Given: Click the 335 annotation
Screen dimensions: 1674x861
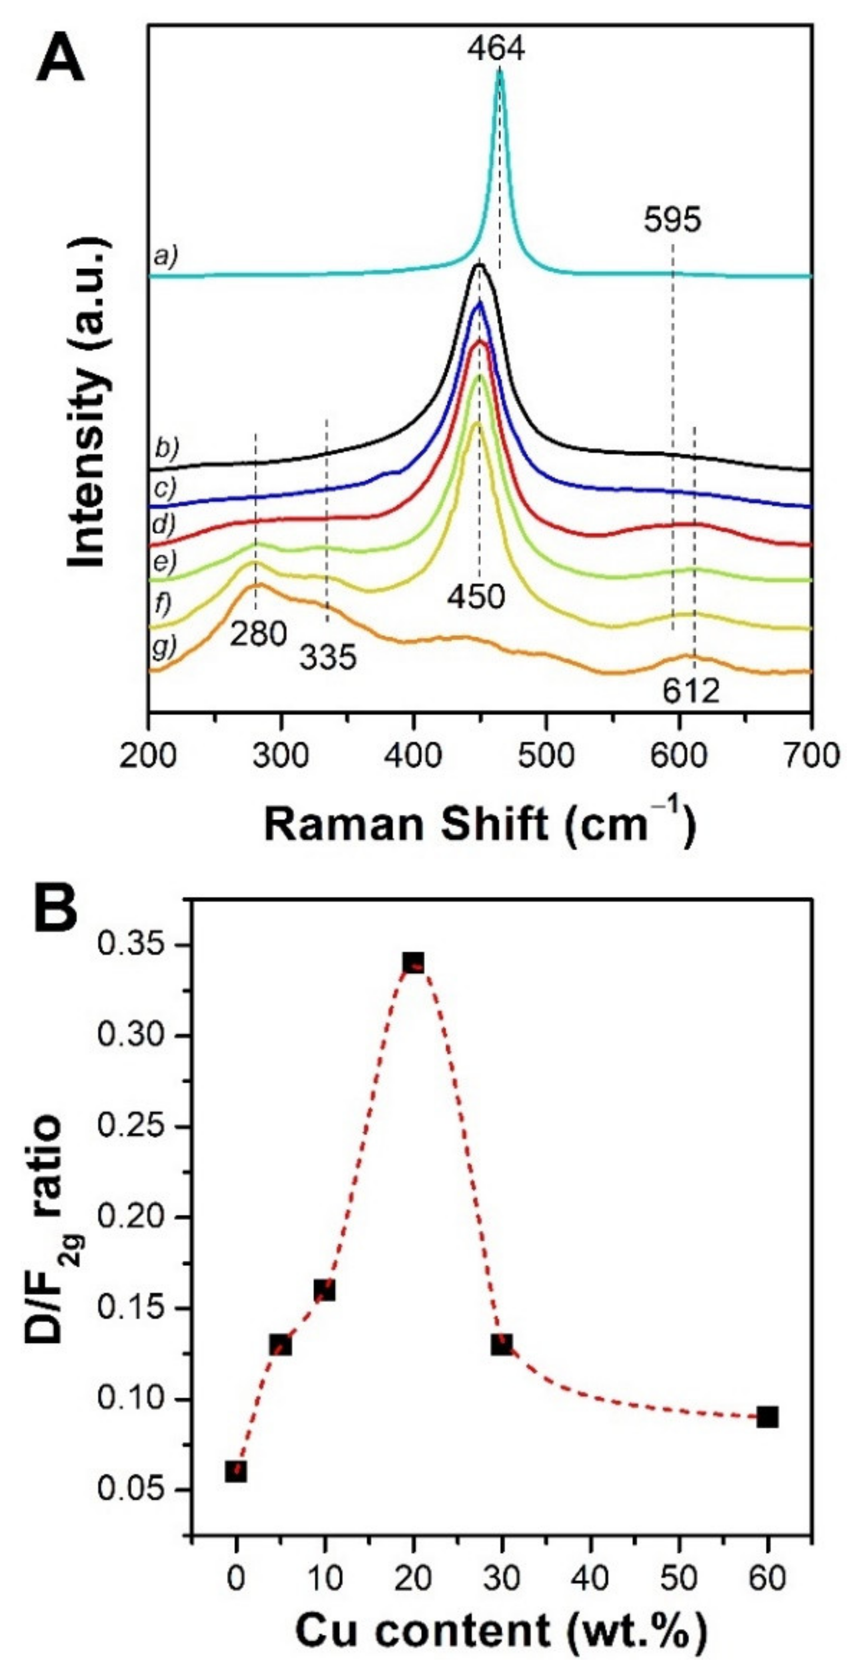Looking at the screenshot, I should (x=328, y=658).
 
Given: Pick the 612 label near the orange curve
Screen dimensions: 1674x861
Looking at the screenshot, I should (x=691, y=692).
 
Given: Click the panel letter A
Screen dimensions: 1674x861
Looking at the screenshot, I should (x=60, y=60).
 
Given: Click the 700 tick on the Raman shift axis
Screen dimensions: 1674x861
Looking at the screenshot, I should (x=810, y=756).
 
